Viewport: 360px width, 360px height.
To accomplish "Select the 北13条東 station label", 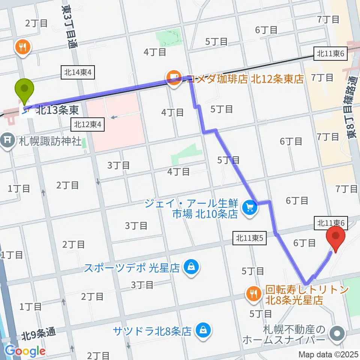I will [x=57, y=111].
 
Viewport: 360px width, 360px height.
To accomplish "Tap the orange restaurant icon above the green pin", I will [x=22, y=48].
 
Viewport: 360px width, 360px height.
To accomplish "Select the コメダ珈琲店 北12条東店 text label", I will [x=244, y=79].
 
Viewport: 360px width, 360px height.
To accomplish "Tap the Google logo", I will [x=25, y=351].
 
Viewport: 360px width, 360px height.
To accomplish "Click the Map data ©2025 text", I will [x=328, y=354].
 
